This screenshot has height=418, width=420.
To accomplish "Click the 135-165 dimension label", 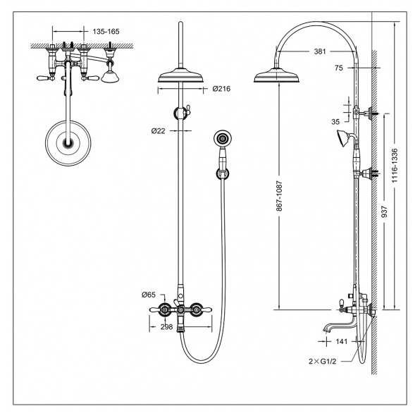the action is [x=106, y=32].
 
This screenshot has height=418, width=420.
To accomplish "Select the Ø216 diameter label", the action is [x=221, y=89].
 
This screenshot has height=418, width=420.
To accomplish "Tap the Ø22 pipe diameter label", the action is [x=159, y=131].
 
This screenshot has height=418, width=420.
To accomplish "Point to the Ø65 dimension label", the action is [x=149, y=295].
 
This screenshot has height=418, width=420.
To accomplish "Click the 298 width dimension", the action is [x=166, y=327].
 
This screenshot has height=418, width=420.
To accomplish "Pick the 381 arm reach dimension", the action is [x=320, y=51].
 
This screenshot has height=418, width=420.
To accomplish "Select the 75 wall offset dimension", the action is [x=339, y=68].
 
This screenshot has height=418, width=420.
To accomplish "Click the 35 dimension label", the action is [x=335, y=122].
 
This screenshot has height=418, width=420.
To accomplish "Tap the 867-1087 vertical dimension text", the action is [x=280, y=196].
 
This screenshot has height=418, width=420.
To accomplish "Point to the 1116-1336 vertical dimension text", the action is [x=395, y=166].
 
